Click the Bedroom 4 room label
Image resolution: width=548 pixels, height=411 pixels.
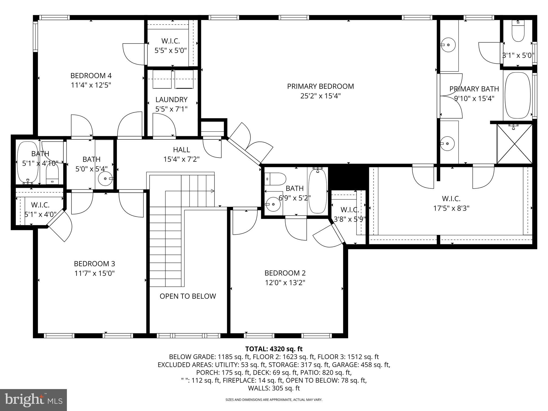(x=91, y=75)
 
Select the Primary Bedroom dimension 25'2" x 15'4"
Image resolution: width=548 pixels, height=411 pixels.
(x=320, y=96)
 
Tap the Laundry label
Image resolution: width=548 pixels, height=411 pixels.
(x=171, y=100)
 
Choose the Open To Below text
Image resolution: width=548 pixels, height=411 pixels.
(x=188, y=296)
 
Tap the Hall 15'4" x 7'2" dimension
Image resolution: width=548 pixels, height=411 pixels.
(x=181, y=159)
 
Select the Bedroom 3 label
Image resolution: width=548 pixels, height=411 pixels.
(x=94, y=264)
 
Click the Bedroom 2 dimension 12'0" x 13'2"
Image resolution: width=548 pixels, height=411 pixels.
(x=285, y=283)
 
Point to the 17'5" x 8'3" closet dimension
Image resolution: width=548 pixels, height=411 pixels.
(x=451, y=208)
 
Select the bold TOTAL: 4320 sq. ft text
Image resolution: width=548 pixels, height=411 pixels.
(x=274, y=349)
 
